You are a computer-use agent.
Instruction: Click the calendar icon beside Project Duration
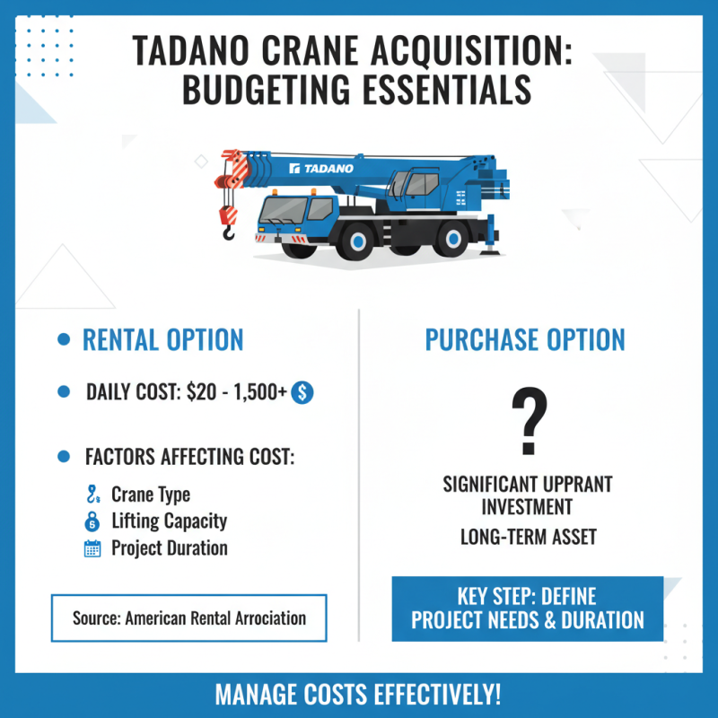click(92, 548)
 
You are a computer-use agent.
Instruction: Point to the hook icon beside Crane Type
click(92, 495)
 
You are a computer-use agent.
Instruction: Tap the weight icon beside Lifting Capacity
click(92, 521)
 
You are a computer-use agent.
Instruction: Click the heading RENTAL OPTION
click(162, 340)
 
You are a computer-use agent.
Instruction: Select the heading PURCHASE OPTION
click(525, 340)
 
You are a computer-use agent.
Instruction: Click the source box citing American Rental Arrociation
click(188, 617)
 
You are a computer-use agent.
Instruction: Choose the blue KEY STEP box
click(527, 609)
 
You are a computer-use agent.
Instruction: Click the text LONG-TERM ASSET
click(528, 538)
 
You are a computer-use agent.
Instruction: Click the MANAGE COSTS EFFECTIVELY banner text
click(358, 695)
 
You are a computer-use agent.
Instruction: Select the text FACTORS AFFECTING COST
click(189, 456)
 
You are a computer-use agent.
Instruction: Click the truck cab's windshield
click(283, 211)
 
